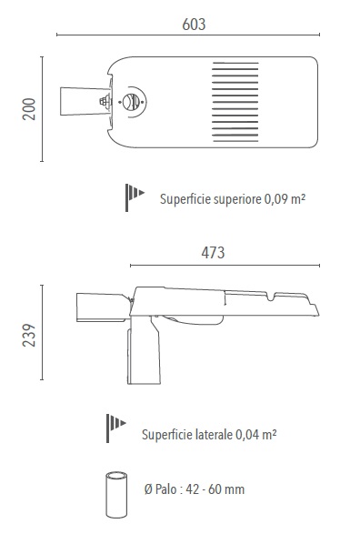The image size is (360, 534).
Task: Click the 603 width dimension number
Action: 194,25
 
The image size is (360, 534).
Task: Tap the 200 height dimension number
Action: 29,109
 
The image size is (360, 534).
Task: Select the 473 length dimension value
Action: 213,252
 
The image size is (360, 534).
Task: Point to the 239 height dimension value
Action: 29,336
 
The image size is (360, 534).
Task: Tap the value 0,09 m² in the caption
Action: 285,198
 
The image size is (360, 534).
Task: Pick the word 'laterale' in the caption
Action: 214,434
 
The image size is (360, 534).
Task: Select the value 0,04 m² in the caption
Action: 255,434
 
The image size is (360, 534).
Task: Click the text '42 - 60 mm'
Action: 215,489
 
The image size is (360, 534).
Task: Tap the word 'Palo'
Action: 165,489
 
